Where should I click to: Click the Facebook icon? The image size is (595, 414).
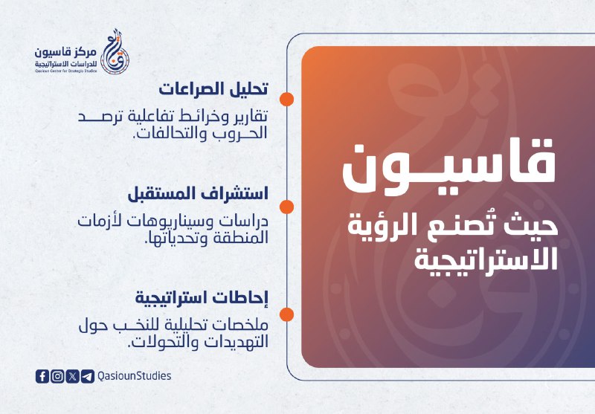pyautogui.click(x=42, y=376)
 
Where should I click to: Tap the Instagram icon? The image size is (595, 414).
pyautogui.click(x=58, y=376)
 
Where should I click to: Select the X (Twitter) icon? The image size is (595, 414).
pyautogui.click(x=72, y=376)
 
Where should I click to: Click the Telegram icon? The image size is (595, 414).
pyautogui.click(x=88, y=376)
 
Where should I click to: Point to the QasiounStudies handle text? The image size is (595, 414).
pyautogui.click(x=135, y=375)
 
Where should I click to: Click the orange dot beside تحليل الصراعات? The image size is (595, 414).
pyautogui.click(x=286, y=99)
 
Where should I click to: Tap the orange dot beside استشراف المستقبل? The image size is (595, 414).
pyautogui.click(x=286, y=207)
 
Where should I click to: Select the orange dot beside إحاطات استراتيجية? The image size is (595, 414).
pyautogui.click(x=286, y=314)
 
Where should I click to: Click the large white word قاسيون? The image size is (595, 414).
pyautogui.click(x=449, y=166)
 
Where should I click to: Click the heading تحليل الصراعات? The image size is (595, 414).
pyautogui.click(x=213, y=89)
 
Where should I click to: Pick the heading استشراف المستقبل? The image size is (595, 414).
pyautogui.click(x=198, y=194)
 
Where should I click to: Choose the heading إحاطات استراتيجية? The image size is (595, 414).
pyautogui.click(x=202, y=298)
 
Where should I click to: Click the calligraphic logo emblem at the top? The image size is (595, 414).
pyautogui.click(x=116, y=51)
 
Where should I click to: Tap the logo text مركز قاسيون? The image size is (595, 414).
pyautogui.click(x=65, y=52)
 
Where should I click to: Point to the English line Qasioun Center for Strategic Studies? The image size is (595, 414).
pyautogui.click(x=66, y=71)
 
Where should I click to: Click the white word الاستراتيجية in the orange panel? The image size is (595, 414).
pyautogui.click(x=486, y=259)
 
